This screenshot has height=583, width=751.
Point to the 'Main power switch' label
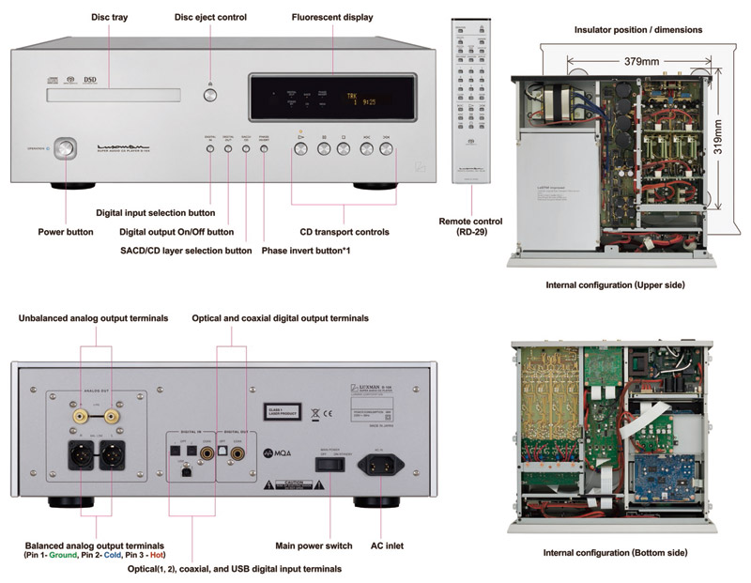pos(313,545)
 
